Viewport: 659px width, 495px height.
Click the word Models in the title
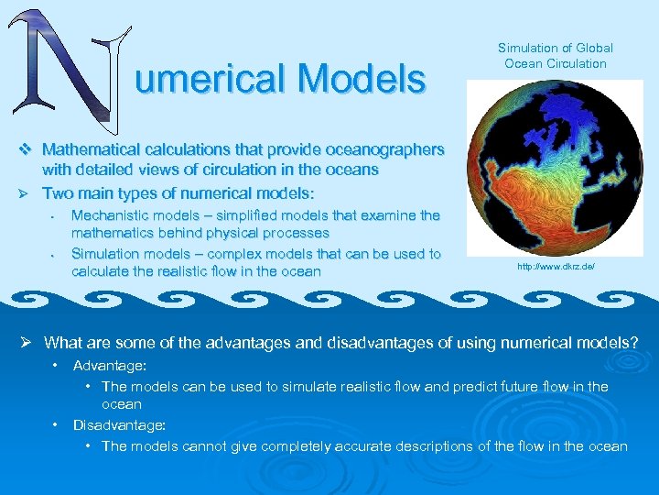click(362, 80)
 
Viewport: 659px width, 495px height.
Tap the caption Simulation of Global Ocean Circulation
click(555, 55)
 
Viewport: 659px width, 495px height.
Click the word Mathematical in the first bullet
click(90, 148)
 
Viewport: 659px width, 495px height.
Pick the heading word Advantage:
click(111, 366)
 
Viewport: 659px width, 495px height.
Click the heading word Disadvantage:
click(119, 424)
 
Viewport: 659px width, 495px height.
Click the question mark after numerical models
click(634, 343)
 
